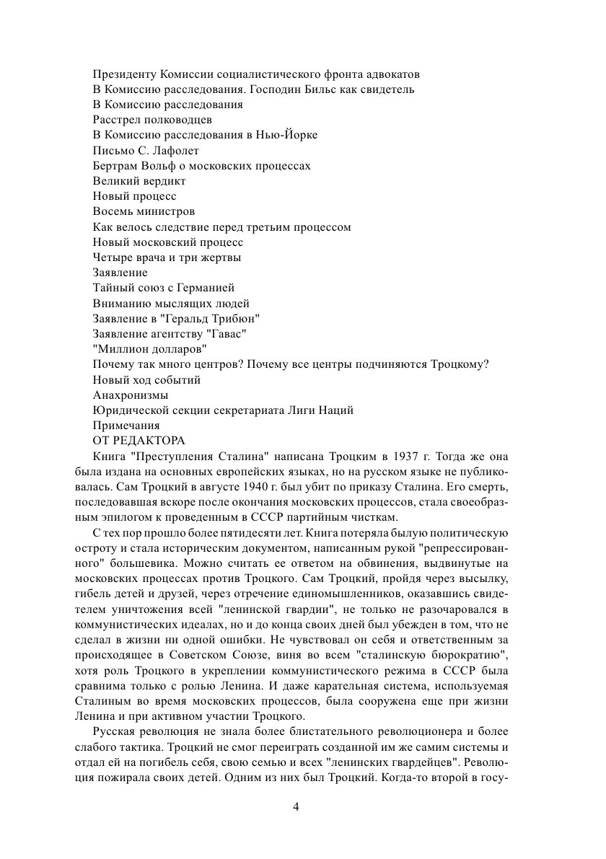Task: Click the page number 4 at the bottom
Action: (296, 806)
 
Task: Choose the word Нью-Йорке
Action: (290, 135)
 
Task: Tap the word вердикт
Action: (162, 181)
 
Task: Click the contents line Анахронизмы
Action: (131, 395)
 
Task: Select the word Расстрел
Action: (115, 120)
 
